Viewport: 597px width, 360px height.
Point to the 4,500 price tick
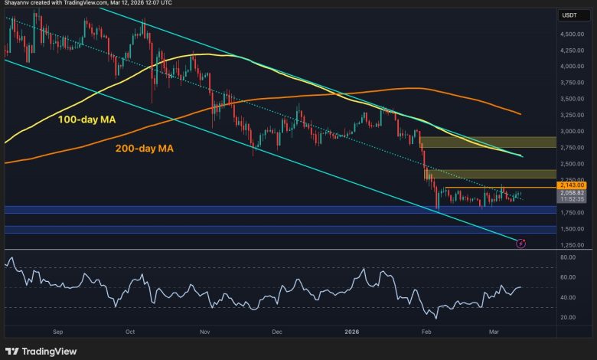[x=573, y=34]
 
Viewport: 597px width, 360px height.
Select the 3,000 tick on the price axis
[x=573, y=131]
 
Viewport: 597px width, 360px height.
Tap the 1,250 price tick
[x=573, y=245]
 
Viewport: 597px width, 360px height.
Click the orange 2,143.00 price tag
[x=573, y=185]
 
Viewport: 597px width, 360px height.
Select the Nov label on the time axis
[x=204, y=332]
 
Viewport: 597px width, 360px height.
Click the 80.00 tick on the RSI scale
[x=569, y=257]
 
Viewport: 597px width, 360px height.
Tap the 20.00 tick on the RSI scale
[x=569, y=317]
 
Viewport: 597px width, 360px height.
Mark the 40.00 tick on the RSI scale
[x=569, y=297]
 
